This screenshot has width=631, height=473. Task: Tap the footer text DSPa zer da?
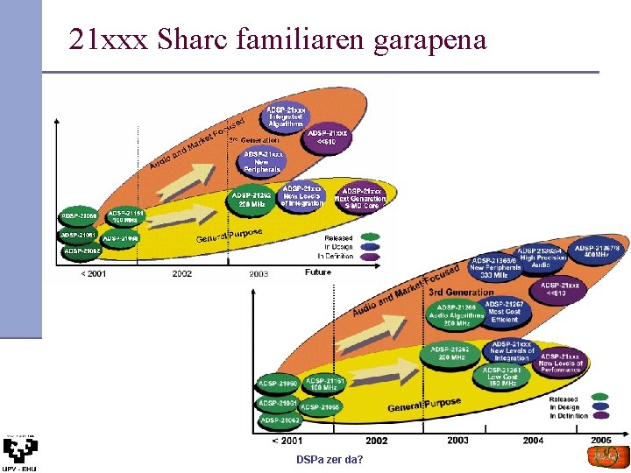(x=330, y=460)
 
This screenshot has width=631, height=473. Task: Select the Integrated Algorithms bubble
(x=286, y=117)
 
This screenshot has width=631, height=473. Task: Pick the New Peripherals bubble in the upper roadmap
(x=262, y=161)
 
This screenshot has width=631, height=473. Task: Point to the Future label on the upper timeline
(x=318, y=272)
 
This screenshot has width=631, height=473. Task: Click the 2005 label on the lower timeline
(x=600, y=440)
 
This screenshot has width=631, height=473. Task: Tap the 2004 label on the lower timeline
(x=533, y=440)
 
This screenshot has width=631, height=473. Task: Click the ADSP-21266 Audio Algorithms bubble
(x=456, y=316)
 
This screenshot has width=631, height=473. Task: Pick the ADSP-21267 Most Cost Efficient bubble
(x=505, y=313)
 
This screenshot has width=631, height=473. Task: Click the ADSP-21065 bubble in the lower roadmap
(x=319, y=406)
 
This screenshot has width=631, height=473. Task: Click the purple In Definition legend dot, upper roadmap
(x=371, y=256)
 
